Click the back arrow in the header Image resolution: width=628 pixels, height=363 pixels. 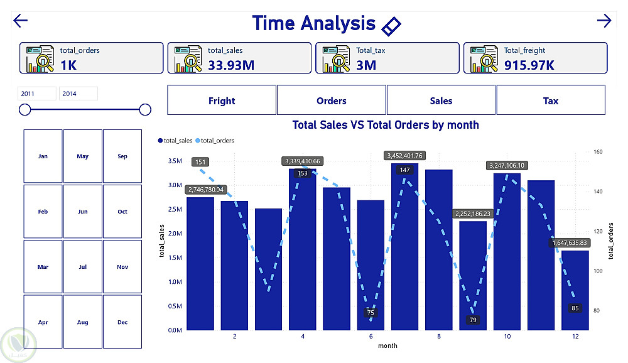[21, 21]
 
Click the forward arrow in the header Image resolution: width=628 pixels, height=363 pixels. [604, 21]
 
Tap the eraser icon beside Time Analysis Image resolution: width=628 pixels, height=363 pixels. [391, 26]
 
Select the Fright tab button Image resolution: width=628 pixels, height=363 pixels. [222, 100]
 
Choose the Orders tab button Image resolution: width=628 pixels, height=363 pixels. [332, 100]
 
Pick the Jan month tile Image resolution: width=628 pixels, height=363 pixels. [43, 156]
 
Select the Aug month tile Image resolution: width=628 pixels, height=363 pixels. [82, 322]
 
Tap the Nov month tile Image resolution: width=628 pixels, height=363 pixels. [122, 267]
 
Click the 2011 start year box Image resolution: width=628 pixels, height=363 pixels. [36, 94]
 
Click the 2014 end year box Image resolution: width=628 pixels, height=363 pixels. [78, 94]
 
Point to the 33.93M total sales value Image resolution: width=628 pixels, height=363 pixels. [231, 64]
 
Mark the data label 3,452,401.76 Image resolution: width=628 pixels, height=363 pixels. [413, 156]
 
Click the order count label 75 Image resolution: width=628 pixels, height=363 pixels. [371, 313]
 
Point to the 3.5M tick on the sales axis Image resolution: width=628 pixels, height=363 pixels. [175, 161]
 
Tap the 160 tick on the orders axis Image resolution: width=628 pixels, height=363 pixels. [597, 152]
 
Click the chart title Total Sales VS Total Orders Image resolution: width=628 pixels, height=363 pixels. [386, 125]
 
